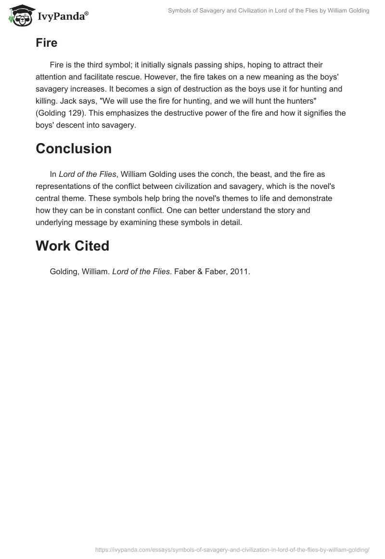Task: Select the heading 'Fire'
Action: pos(46,43)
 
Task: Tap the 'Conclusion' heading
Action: pos(74,149)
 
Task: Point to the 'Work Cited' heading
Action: pos(72,246)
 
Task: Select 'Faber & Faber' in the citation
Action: pos(196,272)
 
